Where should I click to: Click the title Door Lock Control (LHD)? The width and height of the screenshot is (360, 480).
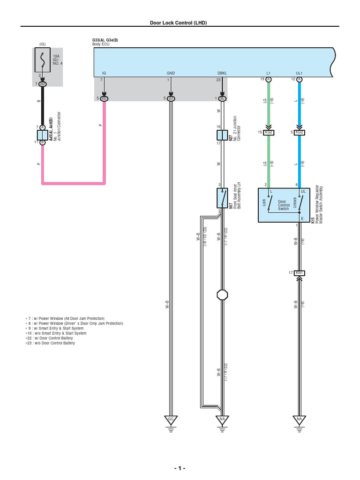pyautogui.click(x=178, y=22)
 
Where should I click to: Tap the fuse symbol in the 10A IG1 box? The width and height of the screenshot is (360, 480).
pyautogui.click(x=42, y=60)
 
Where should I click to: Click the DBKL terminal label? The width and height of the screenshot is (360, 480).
pyautogui.click(x=222, y=74)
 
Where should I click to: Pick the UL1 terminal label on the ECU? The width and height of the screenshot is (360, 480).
pyautogui.click(x=299, y=74)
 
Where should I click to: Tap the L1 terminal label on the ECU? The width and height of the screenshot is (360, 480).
pyautogui.click(x=269, y=74)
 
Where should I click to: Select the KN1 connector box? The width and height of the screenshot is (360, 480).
pyautogui.click(x=299, y=272)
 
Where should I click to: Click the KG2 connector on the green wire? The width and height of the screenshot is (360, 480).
pyautogui.click(x=269, y=132)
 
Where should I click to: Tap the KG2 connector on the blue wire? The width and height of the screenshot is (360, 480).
pyautogui.click(x=299, y=132)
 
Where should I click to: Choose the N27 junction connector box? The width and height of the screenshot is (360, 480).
pyautogui.click(x=222, y=135)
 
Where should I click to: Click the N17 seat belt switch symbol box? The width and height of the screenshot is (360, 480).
pyautogui.click(x=222, y=198)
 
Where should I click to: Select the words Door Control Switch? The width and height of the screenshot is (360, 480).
pyautogui.click(x=285, y=205)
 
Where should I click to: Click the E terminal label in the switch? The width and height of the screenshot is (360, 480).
pyautogui.click(x=302, y=218)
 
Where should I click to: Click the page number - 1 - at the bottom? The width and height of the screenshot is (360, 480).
pyautogui.click(x=180, y=468)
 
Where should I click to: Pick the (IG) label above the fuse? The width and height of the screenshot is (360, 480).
pyautogui.click(x=42, y=44)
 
